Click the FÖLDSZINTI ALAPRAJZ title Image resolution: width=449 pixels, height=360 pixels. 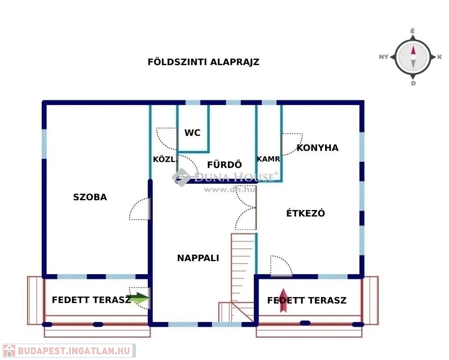click(x=204, y=62)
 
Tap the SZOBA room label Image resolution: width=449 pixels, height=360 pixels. click(x=90, y=197)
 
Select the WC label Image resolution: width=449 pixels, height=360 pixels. click(x=192, y=133)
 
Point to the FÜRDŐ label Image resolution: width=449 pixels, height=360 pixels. click(x=224, y=165)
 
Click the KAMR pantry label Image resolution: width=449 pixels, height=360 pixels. click(x=268, y=159)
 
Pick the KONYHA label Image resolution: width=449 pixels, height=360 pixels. click(x=317, y=148)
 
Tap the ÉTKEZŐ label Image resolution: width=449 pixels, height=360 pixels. click(x=305, y=213)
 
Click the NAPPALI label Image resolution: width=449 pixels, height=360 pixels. click(x=198, y=258)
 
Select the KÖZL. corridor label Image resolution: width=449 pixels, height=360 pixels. click(x=163, y=159)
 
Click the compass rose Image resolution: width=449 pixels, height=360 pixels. click(x=413, y=57)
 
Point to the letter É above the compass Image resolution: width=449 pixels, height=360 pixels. click(x=413, y=31)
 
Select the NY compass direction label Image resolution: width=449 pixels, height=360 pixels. click(x=383, y=57)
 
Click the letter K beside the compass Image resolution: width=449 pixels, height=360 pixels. click(x=440, y=57)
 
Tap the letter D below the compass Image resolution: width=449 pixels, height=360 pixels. click(x=413, y=84)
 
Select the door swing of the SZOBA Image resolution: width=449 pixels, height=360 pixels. click(x=140, y=210)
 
